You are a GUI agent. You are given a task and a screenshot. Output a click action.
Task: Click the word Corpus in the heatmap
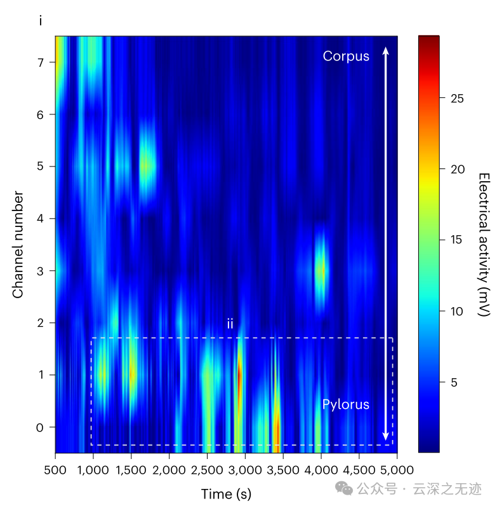345,56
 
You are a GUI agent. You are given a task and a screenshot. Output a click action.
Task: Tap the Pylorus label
345,404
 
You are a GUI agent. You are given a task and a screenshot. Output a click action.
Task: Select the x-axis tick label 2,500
207,470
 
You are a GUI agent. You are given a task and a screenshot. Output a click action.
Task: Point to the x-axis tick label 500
55,470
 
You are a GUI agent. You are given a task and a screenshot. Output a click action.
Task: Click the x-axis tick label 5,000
397,470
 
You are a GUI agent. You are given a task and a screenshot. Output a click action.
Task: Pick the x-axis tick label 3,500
283,470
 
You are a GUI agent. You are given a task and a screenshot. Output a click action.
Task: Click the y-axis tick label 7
41,62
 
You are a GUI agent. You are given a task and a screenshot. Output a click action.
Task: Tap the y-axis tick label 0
41,427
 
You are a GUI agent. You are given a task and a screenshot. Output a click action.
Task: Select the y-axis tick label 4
41,219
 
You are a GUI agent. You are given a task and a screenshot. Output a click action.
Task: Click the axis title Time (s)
226,494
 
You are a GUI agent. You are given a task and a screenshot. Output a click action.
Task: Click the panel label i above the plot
41,21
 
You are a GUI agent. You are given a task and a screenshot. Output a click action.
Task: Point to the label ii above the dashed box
230,324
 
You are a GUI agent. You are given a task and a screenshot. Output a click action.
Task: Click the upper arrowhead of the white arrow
385,50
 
